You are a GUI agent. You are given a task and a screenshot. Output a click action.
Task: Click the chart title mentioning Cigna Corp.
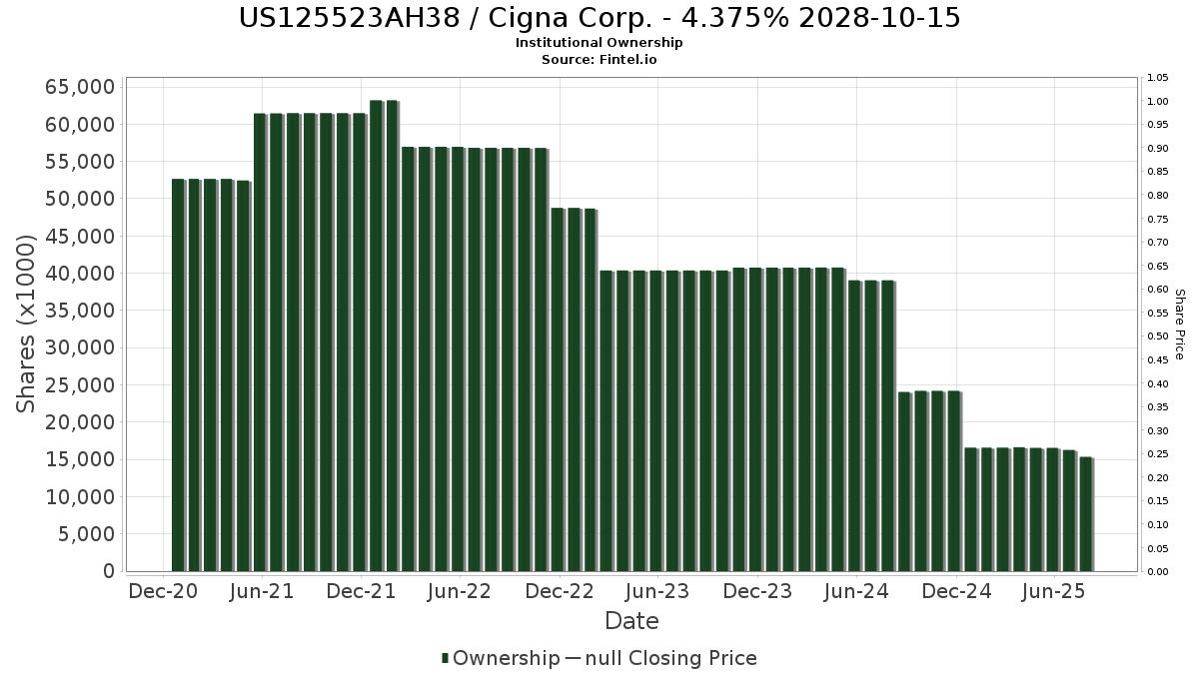pyautogui.click(x=599, y=18)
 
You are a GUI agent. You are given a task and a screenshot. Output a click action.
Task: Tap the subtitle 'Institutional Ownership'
pyautogui.click(x=599, y=43)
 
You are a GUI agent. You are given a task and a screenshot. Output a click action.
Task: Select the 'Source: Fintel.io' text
pyautogui.click(x=599, y=59)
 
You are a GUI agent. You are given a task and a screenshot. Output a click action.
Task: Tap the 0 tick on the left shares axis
pyautogui.click(x=108, y=571)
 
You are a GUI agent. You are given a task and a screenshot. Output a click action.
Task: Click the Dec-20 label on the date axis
pyautogui.click(x=163, y=591)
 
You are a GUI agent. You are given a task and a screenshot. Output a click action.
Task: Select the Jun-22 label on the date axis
pyautogui.click(x=459, y=591)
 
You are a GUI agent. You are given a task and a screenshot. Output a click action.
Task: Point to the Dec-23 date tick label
pyautogui.click(x=756, y=591)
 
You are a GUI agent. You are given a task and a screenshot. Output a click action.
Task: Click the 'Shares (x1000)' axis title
pyautogui.click(x=27, y=324)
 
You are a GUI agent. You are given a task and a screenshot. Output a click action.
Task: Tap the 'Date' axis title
pyautogui.click(x=631, y=621)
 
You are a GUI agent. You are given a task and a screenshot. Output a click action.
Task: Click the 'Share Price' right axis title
pyautogui.click(x=1179, y=324)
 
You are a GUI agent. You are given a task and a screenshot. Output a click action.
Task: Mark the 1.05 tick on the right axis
pyautogui.click(x=1158, y=78)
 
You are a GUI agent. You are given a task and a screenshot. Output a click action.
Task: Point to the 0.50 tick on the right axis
pyautogui.click(x=1158, y=337)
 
